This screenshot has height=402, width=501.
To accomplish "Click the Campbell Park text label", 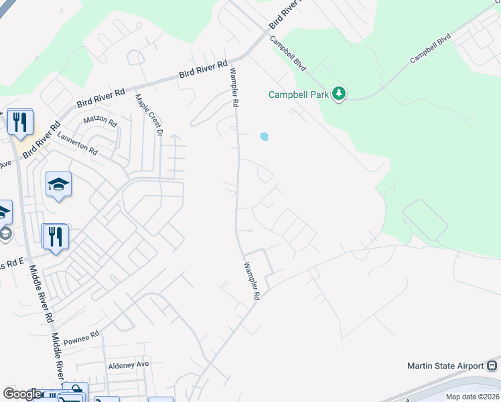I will click(299, 94).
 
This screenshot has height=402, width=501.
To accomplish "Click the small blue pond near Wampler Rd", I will click(264, 137).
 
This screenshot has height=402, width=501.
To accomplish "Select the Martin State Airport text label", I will click(445, 366).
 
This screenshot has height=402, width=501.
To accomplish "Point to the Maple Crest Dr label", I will click(149, 115).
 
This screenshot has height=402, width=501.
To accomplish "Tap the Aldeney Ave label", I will click(129, 365).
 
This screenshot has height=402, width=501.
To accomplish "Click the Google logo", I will click(21, 394).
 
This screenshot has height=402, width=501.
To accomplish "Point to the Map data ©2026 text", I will click(472, 397).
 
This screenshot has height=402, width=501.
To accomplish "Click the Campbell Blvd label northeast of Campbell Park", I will click(432, 50).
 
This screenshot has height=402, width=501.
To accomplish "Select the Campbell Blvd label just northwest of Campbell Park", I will click(288, 53).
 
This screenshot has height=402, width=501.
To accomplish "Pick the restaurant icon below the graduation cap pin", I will click(55, 237).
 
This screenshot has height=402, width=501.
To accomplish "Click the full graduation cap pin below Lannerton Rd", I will click(58, 184).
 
